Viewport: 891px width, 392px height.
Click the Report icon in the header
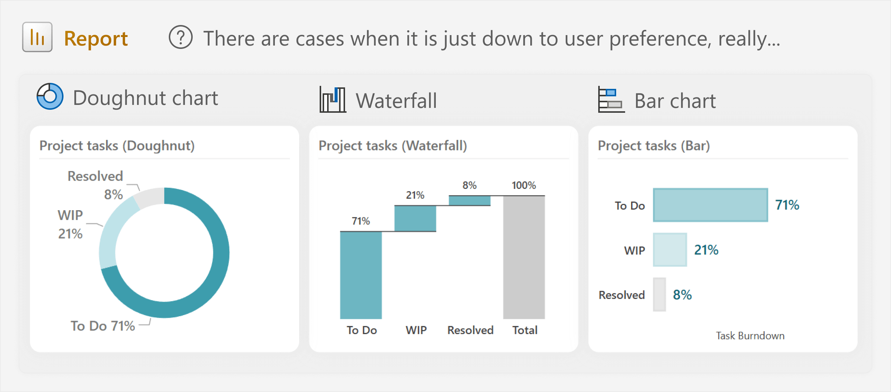(x=37, y=37)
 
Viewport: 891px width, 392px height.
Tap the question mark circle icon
(x=181, y=37)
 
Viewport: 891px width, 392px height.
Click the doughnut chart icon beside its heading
(x=50, y=96)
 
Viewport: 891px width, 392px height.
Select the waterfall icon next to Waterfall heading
(x=333, y=99)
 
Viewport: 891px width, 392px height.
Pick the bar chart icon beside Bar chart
(x=611, y=99)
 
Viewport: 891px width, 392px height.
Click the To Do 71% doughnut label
(x=103, y=326)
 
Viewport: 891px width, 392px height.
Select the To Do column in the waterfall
(x=361, y=275)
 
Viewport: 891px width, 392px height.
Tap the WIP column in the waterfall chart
(x=415, y=218)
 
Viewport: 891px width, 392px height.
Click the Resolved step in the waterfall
(x=469, y=200)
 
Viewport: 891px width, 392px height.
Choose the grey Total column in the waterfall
(x=524, y=257)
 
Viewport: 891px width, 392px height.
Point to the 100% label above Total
(x=524, y=185)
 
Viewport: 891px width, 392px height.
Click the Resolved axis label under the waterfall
(x=471, y=330)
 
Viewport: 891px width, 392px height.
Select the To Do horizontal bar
(x=710, y=205)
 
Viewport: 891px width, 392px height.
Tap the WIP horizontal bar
(x=670, y=250)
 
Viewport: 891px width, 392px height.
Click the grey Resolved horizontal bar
(x=659, y=295)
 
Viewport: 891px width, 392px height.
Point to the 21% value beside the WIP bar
(x=706, y=250)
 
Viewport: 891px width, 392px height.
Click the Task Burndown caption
(x=750, y=336)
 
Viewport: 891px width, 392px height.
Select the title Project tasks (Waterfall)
(x=393, y=146)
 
